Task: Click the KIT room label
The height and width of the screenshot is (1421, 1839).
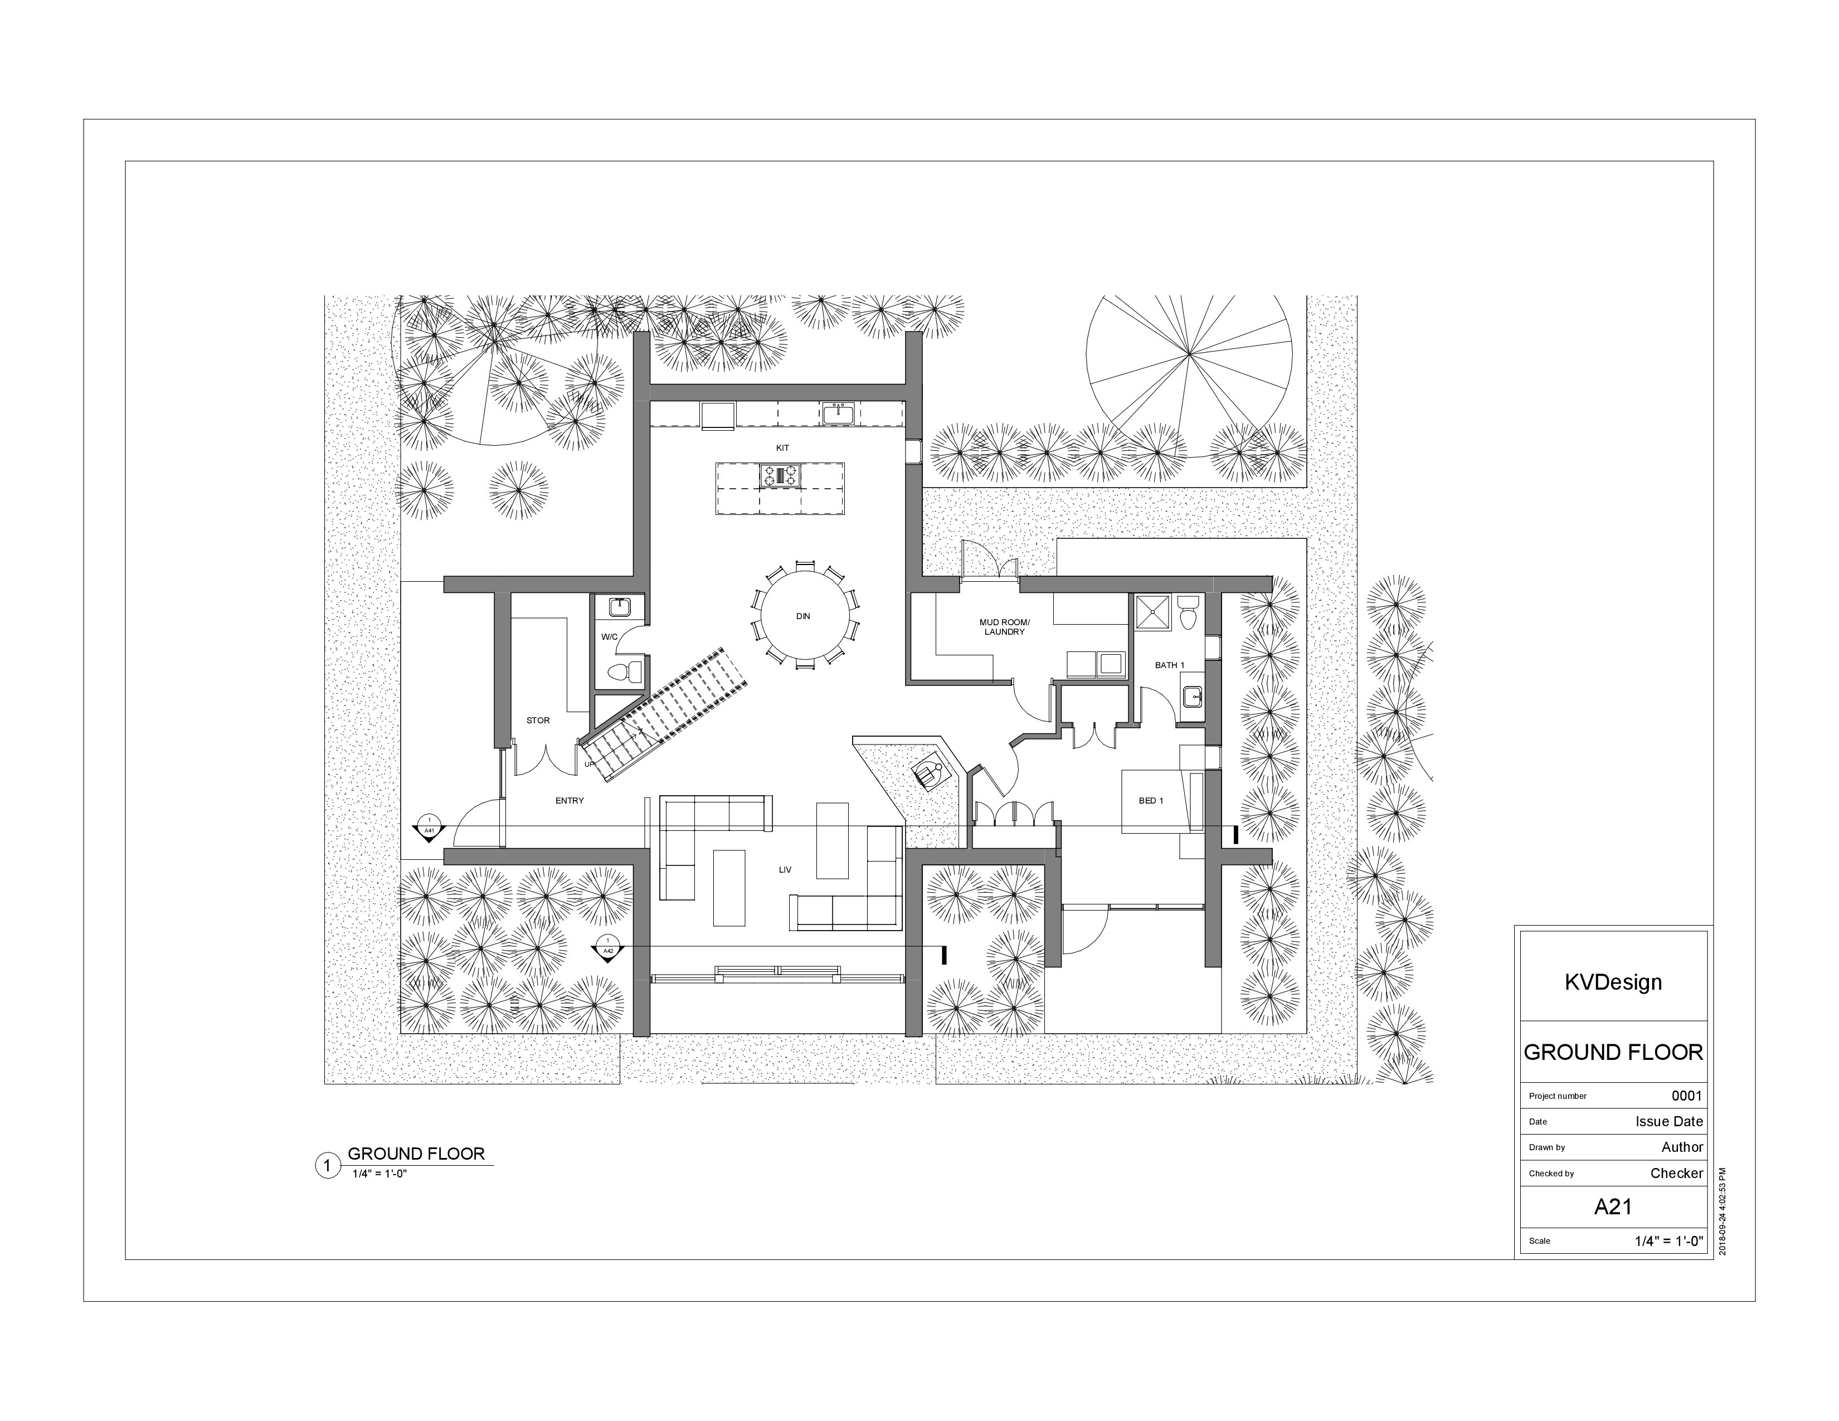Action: pos(782,448)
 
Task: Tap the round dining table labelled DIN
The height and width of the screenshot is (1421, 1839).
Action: pos(802,616)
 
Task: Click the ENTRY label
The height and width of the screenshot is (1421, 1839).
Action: pos(569,801)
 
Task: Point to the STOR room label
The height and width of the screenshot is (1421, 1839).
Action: pos(538,721)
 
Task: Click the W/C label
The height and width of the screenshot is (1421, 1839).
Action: pos(609,637)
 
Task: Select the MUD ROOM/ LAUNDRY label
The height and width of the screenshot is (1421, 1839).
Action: pos(1004,627)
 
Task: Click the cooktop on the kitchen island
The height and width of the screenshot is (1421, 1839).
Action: pos(781,476)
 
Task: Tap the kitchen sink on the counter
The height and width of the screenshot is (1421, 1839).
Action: pos(838,414)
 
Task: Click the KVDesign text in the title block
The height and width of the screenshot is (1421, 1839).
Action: pos(1613,982)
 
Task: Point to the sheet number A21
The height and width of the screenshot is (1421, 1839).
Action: pos(1613,1206)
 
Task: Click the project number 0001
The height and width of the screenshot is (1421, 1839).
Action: pos(1687,1095)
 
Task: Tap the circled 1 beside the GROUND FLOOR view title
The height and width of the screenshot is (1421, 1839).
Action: pos(327,1166)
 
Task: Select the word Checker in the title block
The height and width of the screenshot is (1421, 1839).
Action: pos(1676,1172)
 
